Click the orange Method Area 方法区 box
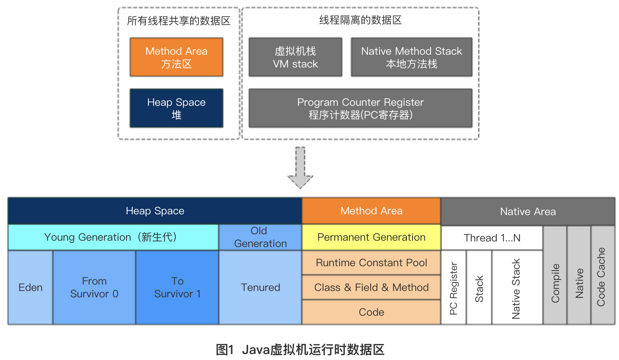tap(176, 57)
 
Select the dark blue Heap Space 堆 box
tap(176, 108)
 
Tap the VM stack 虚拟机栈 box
tap(295, 57)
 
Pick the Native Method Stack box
tap(411, 57)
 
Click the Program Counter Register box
tap(360, 108)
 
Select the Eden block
tap(30, 287)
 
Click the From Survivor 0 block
tap(94, 287)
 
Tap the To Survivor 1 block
tap(177, 287)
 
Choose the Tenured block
tap(260, 287)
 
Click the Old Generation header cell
tap(260, 237)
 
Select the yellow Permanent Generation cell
tap(371, 237)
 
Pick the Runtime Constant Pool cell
tap(371, 263)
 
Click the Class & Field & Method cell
tap(371, 287)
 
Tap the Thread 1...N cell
tap(492, 238)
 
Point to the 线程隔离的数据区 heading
tap(360, 20)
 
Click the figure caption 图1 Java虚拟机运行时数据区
tap(300, 350)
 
